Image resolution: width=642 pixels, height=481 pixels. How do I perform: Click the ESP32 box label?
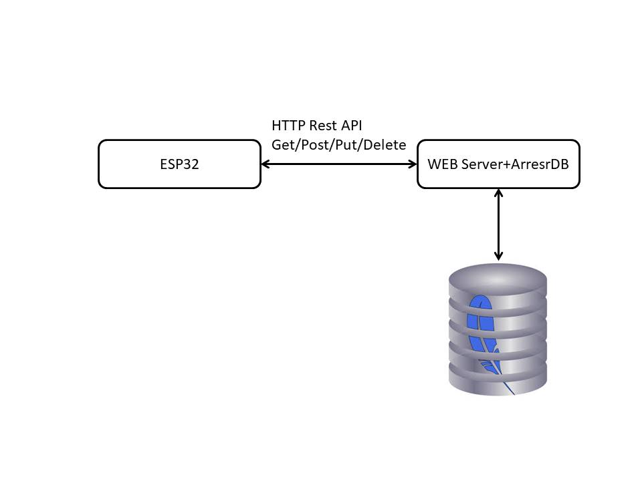(179, 164)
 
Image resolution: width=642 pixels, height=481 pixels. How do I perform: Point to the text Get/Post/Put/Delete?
(338, 145)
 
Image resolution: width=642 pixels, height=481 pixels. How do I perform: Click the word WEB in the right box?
(443, 164)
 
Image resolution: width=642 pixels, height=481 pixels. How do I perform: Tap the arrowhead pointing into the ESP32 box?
(265, 164)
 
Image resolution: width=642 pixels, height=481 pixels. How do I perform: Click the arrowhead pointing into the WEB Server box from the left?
(413, 164)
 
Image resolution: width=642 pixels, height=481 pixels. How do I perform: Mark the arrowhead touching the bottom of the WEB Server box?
(498, 193)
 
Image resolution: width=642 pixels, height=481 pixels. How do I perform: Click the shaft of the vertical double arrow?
(498, 224)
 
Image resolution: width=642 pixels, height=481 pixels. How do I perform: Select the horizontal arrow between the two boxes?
(338, 164)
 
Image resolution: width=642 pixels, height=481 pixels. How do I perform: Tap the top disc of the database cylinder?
(498, 276)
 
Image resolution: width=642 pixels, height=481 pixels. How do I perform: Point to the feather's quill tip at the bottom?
(513, 393)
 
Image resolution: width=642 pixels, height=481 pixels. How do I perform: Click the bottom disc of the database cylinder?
(498, 381)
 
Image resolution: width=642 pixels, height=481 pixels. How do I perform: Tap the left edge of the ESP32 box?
(99, 164)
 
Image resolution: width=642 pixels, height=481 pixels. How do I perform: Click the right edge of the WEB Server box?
(579, 164)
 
